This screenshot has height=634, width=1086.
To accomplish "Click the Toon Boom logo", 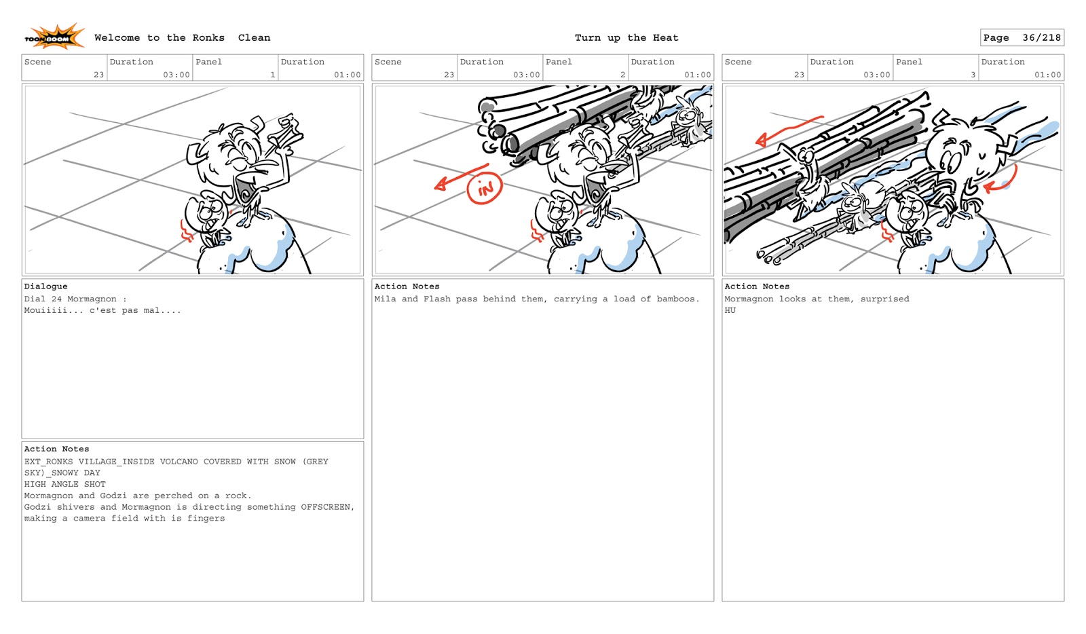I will pos(54,37).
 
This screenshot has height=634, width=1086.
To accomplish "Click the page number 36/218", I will pos(1041,38).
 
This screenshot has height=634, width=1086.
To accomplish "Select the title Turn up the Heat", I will pos(626,38).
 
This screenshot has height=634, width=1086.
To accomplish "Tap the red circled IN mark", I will pos(485,189).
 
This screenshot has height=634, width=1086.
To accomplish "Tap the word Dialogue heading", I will pos(45,286).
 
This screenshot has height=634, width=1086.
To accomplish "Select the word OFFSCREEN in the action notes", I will pos(326,507).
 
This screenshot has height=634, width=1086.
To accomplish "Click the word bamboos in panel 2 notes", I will pos(677,299).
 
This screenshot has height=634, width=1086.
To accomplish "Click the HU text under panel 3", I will pos(730,310).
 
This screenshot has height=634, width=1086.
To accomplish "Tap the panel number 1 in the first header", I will pos(273,75).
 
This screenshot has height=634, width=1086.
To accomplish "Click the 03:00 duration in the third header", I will pos(876,75).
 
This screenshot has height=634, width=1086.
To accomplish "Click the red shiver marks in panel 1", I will pos(187,231).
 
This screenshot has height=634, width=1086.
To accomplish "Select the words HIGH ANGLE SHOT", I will pos(64,484).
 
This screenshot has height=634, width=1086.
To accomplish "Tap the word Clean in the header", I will pos(254,38).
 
